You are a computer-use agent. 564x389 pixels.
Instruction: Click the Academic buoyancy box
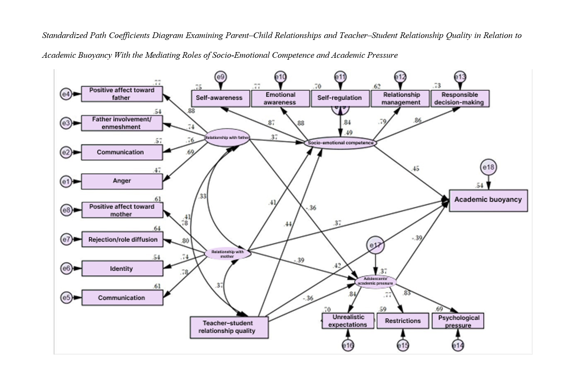coord(488,200)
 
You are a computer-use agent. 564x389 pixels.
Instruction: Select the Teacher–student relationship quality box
coord(229,327)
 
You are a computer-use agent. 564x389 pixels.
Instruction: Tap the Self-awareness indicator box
coord(220,98)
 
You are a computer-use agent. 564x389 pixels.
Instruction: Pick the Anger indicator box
coord(122,181)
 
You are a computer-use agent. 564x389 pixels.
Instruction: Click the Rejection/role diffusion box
coord(122,240)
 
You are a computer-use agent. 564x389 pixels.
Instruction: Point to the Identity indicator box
coord(122,268)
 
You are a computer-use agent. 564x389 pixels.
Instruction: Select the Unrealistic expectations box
coord(348,321)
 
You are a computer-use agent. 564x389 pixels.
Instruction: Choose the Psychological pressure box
coord(458,321)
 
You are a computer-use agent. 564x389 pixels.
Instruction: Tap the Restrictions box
coord(403,321)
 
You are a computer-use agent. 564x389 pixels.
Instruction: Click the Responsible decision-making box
coord(459,98)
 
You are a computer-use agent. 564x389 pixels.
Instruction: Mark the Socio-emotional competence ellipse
coord(340,143)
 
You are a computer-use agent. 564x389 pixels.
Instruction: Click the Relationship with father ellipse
coord(227,137)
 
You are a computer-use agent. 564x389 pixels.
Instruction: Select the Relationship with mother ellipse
coord(228,254)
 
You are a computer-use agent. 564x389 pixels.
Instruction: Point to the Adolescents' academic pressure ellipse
coord(376,282)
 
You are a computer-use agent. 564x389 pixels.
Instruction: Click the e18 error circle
coord(488,167)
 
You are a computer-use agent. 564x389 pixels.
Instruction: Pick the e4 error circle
coord(66,94)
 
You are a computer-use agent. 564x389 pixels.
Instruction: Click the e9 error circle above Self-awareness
coord(220,77)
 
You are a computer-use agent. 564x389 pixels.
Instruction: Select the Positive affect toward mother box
coord(122,210)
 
